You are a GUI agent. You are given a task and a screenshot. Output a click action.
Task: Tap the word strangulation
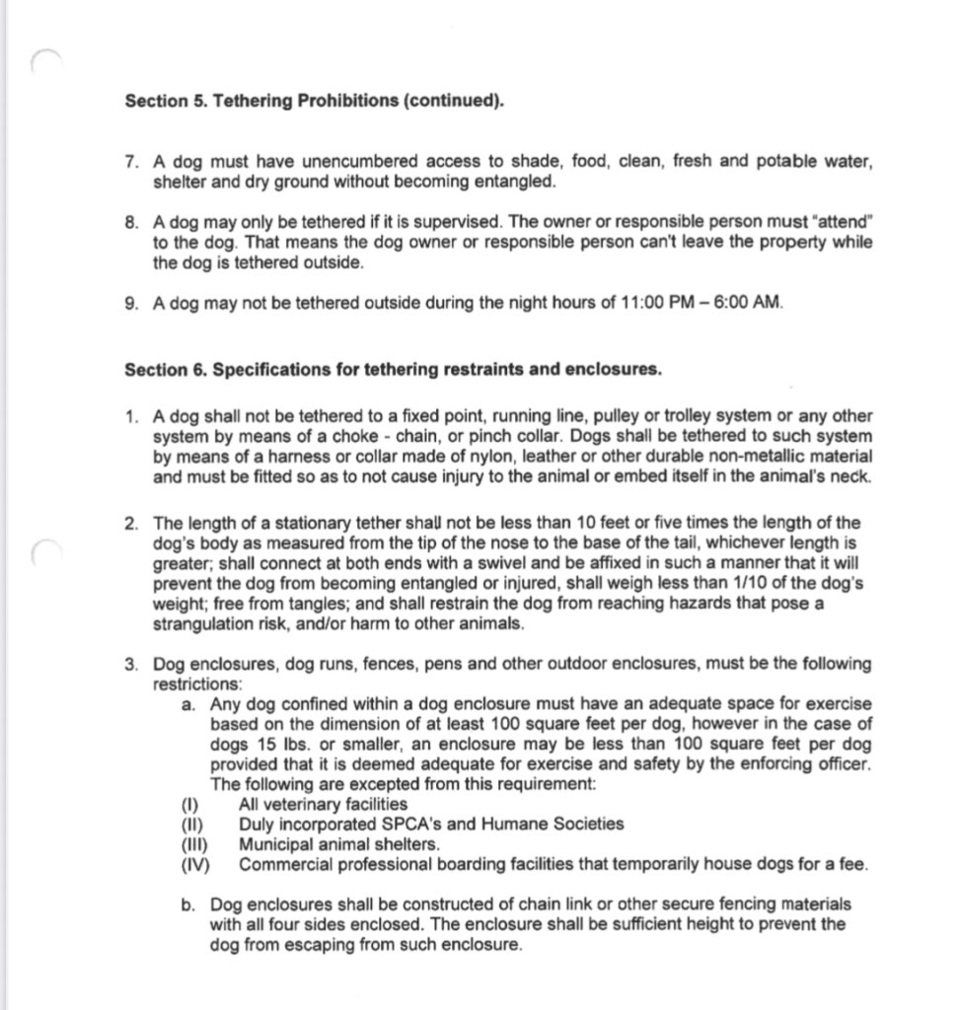(x=203, y=624)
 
